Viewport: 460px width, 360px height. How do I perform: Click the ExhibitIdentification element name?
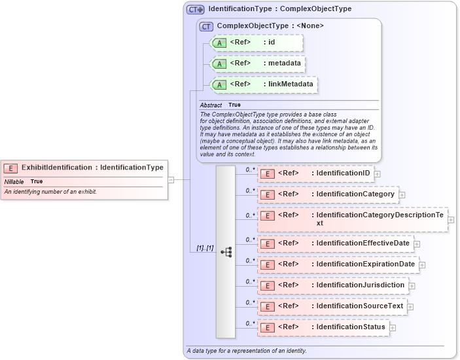[57, 168]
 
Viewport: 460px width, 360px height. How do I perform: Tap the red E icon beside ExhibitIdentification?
[10, 168]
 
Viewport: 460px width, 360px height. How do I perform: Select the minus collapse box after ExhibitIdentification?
[171, 178]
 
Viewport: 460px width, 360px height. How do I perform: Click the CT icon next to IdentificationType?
[195, 9]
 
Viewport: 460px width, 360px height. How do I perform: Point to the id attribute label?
[272, 43]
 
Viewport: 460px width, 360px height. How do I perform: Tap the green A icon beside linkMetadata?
[221, 84]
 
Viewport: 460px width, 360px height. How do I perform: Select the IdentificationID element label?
[342, 173]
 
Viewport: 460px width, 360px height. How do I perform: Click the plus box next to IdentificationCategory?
[402, 194]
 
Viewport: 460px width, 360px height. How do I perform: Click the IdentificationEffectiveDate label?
[363, 243]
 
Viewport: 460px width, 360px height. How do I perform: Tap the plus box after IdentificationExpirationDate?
[422, 265]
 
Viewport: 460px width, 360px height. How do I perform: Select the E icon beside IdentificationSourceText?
[267, 306]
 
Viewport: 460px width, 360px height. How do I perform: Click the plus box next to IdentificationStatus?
[393, 327]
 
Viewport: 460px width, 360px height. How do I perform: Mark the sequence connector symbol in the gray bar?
[226, 251]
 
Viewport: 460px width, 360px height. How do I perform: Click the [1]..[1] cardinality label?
[205, 249]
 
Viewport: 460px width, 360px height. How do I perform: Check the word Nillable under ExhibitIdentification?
[14, 181]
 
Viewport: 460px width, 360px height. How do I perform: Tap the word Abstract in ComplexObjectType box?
[211, 105]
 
